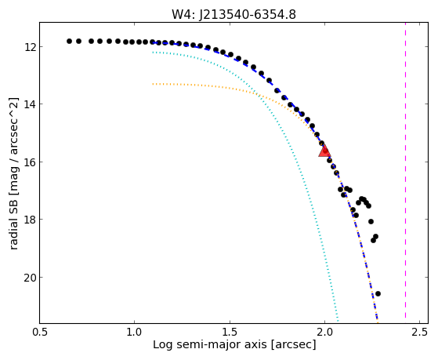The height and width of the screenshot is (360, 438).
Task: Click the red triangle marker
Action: (x=324, y=151)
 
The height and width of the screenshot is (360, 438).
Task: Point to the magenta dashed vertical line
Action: (x=405, y=173)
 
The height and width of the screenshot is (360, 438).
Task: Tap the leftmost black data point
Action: (x=69, y=41)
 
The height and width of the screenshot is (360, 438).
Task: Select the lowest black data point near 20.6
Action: (x=378, y=293)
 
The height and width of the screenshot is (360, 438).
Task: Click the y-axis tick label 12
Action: (x=30, y=47)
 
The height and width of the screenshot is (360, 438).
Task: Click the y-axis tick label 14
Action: (x=30, y=104)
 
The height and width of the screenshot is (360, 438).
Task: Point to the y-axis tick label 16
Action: (x=30, y=162)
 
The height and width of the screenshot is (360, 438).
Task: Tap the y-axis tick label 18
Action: (x=30, y=220)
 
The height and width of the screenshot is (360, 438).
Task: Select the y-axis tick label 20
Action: (x=30, y=277)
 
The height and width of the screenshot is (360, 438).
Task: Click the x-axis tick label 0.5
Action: (x=40, y=333)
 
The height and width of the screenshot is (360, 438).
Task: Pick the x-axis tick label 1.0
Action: (x=134, y=333)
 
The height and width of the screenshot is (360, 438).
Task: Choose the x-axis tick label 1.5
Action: (x=230, y=333)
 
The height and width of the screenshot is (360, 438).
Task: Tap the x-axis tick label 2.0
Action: (x=324, y=333)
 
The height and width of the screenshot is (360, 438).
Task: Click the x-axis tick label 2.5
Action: (x=420, y=333)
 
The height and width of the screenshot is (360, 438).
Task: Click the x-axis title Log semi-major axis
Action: (x=210, y=344)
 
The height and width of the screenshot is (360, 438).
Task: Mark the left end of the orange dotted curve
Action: (x=153, y=84)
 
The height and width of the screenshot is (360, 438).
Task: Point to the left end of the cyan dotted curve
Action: (x=153, y=53)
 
